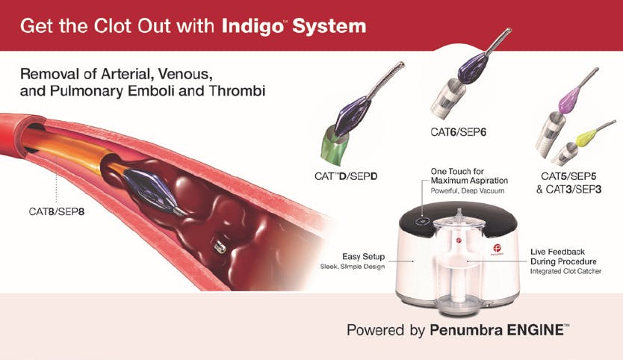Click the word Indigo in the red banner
pyautogui.click(x=252, y=27)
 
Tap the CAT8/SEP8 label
pyautogui.click(x=57, y=211)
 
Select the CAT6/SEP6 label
pyautogui.click(x=458, y=132)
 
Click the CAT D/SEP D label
pyautogui.click(x=346, y=176)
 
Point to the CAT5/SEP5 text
pyautogui.click(x=568, y=176)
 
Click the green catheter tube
pyautogui.click(x=335, y=146)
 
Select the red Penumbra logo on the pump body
pyautogui.click(x=497, y=249)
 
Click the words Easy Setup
pyautogui.click(x=364, y=257)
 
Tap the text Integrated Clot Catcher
pyautogui.click(x=565, y=271)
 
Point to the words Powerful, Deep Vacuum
pyautogui.click(x=468, y=190)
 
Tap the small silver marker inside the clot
pyautogui.click(x=220, y=246)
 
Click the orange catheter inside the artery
pyautogui.click(x=63, y=149)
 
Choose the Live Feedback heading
pyautogui.click(x=557, y=252)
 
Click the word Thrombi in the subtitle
pyautogui.click(x=237, y=91)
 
